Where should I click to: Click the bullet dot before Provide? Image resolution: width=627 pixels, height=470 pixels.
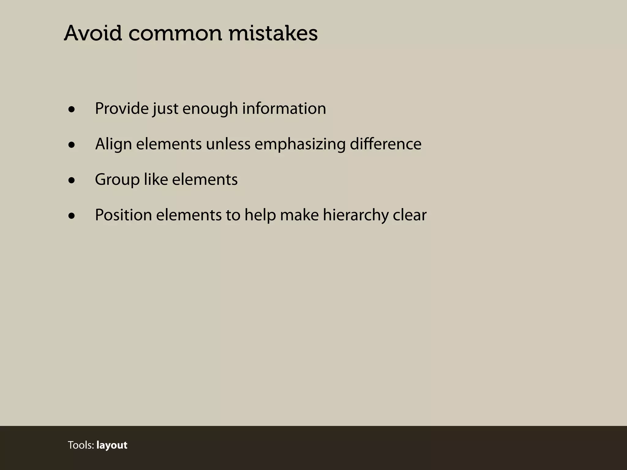pyautogui.click(x=72, y=109)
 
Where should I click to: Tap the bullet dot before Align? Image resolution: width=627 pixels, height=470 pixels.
pyautogui.click(x=72, y=145)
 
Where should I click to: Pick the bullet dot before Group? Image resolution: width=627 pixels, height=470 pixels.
pyautogui.click(x=72, y=180)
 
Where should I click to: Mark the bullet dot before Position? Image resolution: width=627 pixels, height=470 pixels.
pyautogui.click(x=72, y=216)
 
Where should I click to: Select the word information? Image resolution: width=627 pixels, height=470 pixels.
pyautogui.click(x=284, y=109)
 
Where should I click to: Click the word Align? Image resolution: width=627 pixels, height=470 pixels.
pyautogui.click(x=114, y=144)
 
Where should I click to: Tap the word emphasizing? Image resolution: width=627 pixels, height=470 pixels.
pyautogui.click(x=300, y=144)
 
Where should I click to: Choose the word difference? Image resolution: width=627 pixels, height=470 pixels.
pyautogui.click(x=385, y=144)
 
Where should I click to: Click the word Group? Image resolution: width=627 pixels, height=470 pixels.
pyautogui.click(x=117, y=180)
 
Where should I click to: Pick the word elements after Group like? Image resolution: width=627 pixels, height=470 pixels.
pyautogui.click(x=205, y=180)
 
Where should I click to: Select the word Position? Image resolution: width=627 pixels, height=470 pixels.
pyautogui.click(x=123, y=215)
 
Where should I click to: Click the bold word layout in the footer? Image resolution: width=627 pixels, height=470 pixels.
pyautogui.click(x=112, y=445)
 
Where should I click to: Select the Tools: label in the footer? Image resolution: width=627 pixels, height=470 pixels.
pyautogui.click(x=81, y=445)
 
